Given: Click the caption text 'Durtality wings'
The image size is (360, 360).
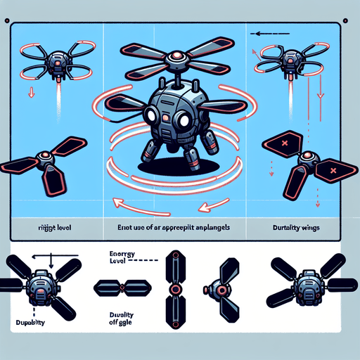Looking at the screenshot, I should (295, 228).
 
